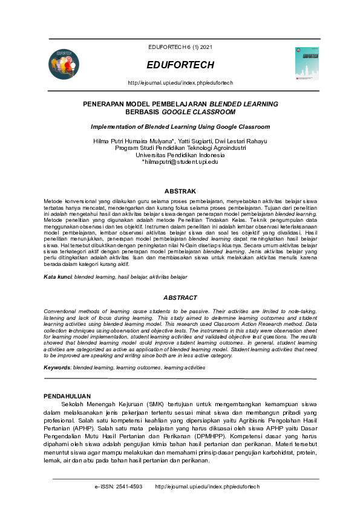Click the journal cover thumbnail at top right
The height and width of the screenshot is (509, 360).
[307, 63]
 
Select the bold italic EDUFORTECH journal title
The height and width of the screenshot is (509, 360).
[180, 65]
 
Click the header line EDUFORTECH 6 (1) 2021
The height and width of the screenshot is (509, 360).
[180, 47]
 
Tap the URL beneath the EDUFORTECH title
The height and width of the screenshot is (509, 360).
[180, 82]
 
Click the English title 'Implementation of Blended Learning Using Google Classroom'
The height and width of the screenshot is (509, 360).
[180, 127]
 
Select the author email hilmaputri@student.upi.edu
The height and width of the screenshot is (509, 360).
[181, 162]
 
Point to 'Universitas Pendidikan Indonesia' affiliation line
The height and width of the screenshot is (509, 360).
[180, 155]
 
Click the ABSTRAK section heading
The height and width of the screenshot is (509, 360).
[180, 191]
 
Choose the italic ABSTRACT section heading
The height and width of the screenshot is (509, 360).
[180, 297]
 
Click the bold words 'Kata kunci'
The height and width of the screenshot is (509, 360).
[57, 276]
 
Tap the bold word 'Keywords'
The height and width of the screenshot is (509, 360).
[57, 368]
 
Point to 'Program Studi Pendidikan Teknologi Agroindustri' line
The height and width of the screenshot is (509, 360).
[180, 148]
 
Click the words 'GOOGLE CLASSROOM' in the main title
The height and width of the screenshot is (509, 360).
[203, 112]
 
